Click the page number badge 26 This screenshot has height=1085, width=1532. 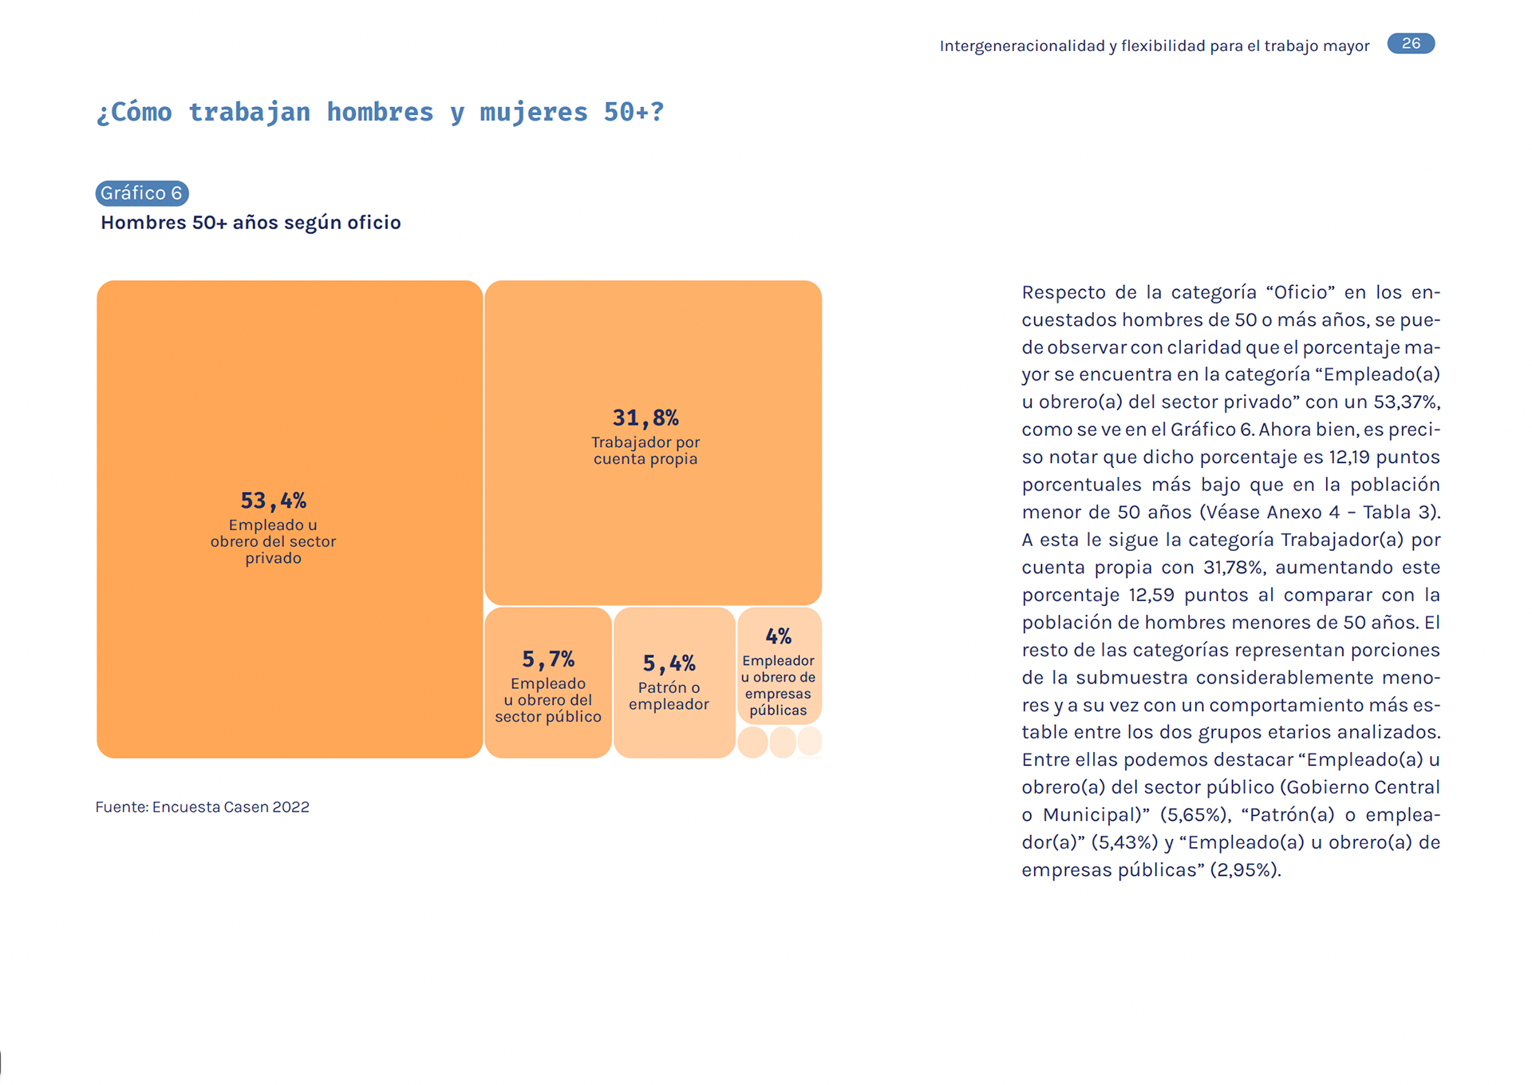pyautogui.click(x=1411, y=43)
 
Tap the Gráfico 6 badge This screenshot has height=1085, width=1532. pyautogui.click(x=142, y=193)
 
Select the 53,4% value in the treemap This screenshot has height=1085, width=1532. pyautogui.click(x=273, y=501)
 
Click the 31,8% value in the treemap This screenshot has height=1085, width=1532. pyautogui.click(x=646, y=418)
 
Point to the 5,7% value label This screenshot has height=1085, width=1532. pyautogui.click(x=548, y=659)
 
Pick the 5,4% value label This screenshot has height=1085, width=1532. pyautogui.click(x=669, y=663)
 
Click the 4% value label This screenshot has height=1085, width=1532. pyautogui.click(x=778, y=636)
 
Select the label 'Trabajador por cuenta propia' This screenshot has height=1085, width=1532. pyautogui.click(x=646, y=450)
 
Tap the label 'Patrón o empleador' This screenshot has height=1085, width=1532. pyautogui.click(x=669, y=696)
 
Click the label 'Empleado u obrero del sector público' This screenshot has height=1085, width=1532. pyautogui.click(x=548, y=700)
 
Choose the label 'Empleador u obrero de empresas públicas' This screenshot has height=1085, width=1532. pyautogui.click(x=778, y=686)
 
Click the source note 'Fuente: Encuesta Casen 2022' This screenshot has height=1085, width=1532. pyautogui.click(x=202, y=807)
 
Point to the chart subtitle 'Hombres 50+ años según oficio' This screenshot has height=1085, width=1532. pyautogui.click(x=251, y=223)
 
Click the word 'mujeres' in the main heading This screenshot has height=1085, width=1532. pyautogui.click(x=533, y=113)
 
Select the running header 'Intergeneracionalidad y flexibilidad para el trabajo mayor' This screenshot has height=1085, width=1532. pyautogui.click(x=1155, y=46)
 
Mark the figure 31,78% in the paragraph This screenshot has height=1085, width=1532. pyautogui.click(x=1233, y=568)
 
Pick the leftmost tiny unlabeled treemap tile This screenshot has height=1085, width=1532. pyautogui.click(x=752, y=742)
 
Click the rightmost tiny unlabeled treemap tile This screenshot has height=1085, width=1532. pyautogui.click(x=810, y=741)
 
